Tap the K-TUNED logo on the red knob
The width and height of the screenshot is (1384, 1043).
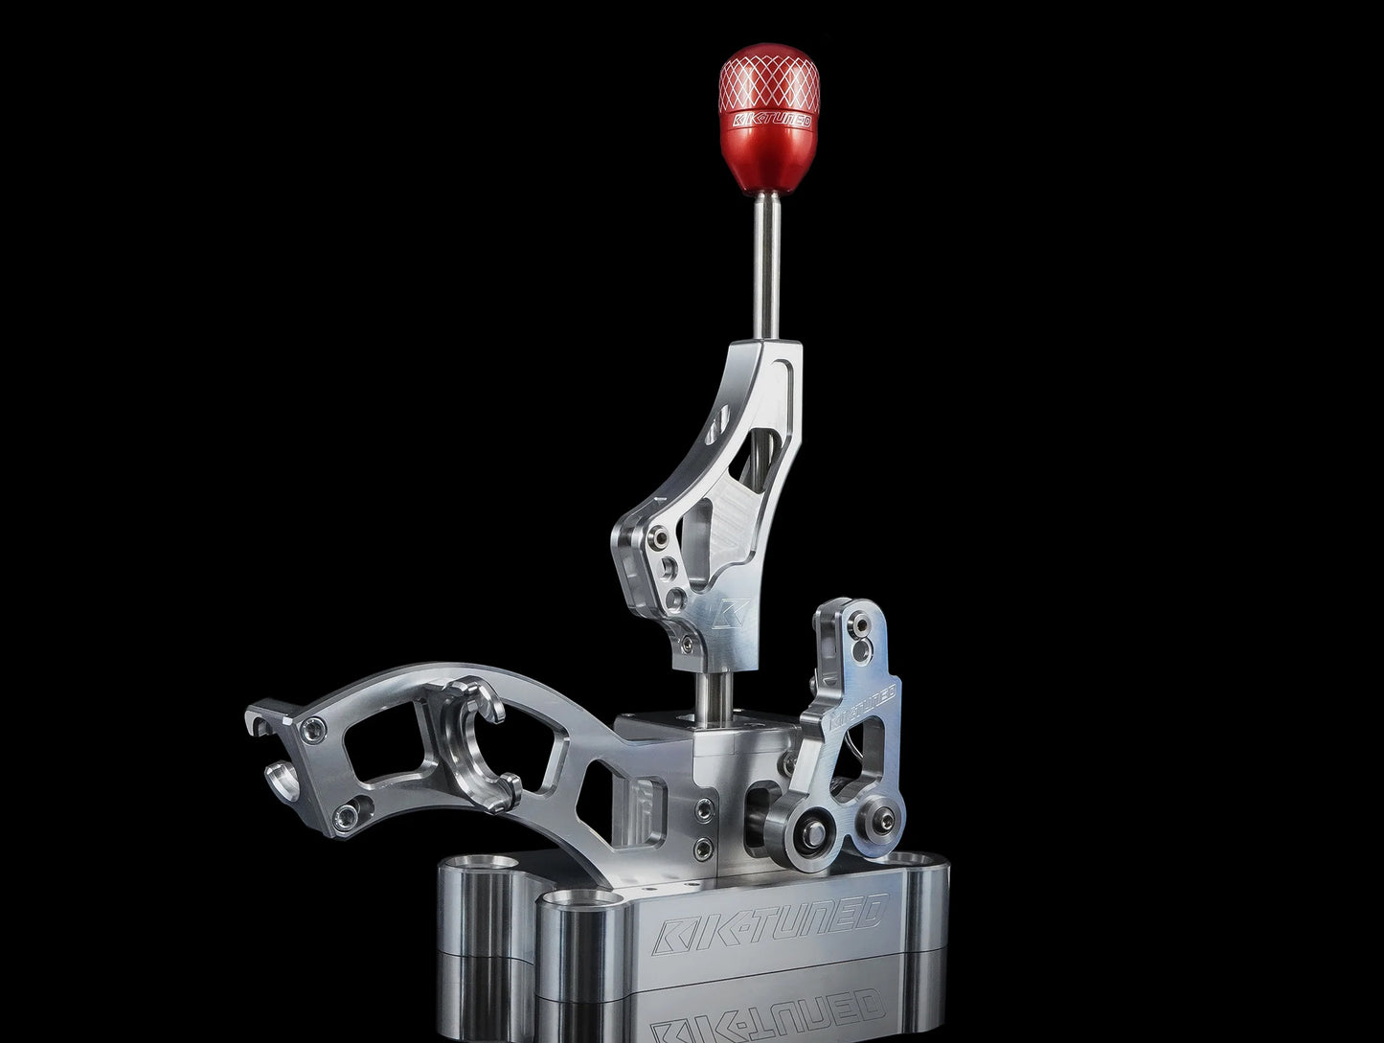pyautogui.click(x=772, y=121)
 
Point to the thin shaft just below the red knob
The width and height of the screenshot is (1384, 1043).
pyautogui.click(x=768, y=265)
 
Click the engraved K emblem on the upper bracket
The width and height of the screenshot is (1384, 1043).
pyautogui.click(x=731, y=613)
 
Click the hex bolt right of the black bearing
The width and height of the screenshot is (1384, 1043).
pyautogui.click(x=885, y=820)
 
